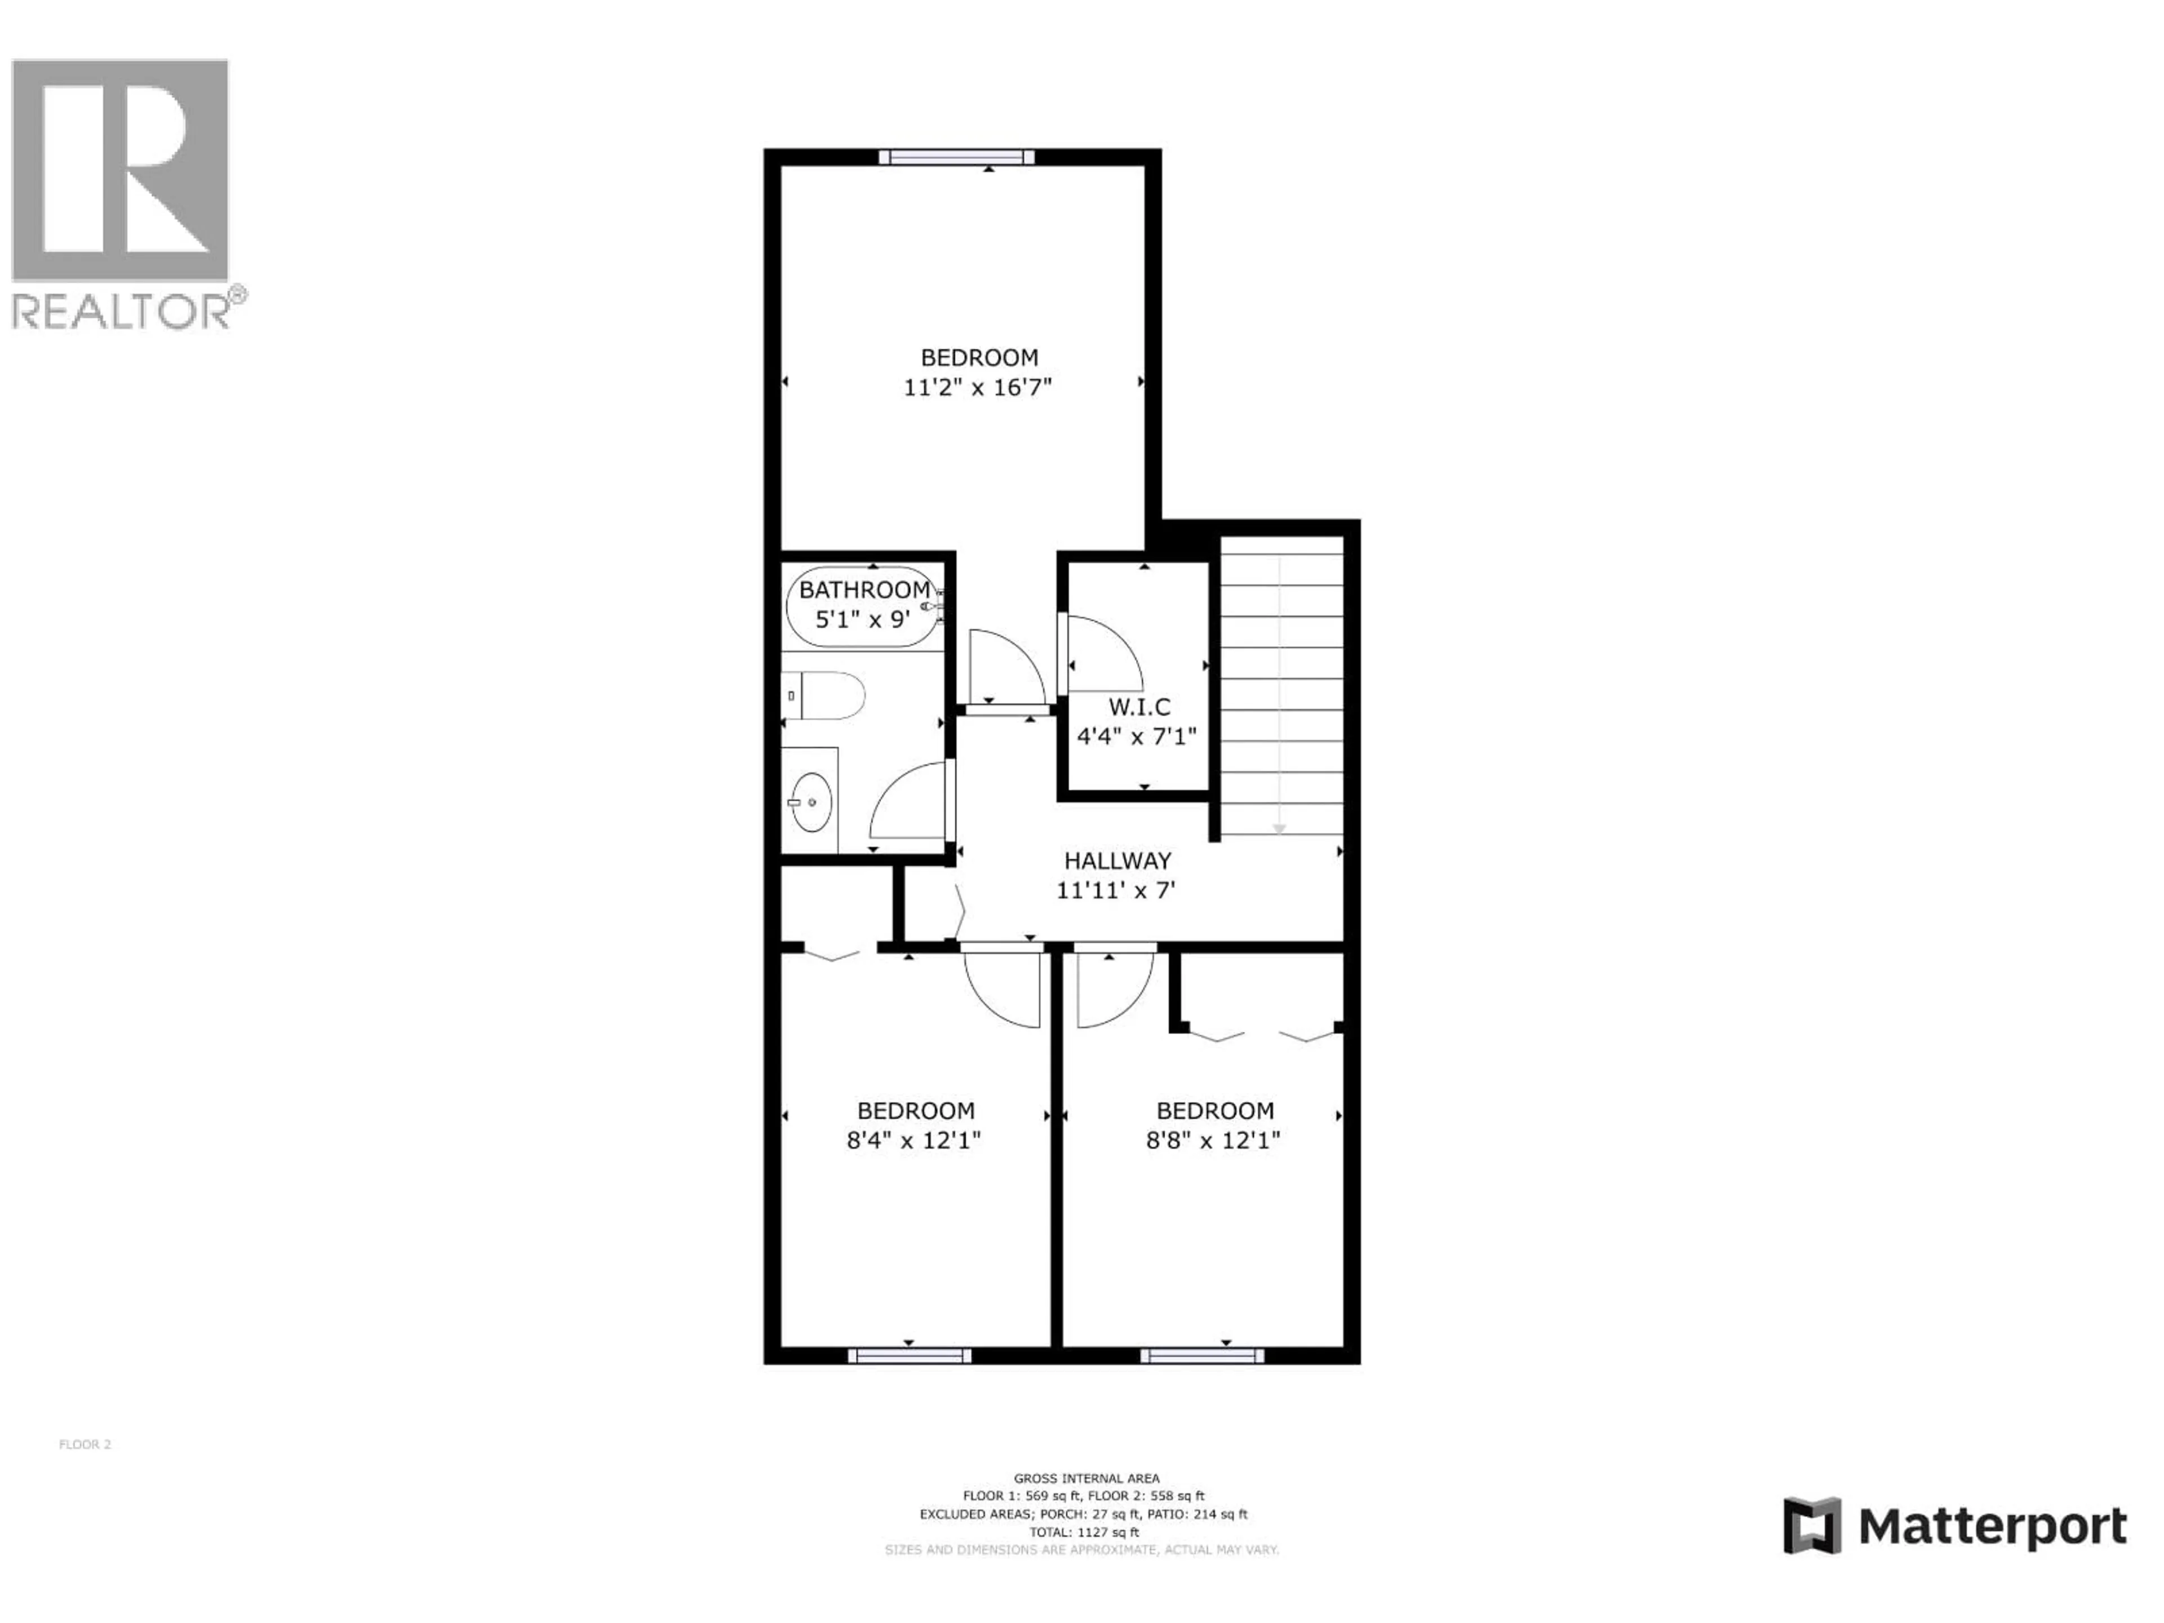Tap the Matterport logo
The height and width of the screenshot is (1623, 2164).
[1954, 1526]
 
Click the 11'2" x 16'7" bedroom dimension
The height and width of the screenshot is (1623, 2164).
[977, 387]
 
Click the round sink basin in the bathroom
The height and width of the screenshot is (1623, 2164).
[811, 802]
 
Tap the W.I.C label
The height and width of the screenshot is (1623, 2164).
[1139, 706]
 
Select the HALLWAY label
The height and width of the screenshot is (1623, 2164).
[1117, 861]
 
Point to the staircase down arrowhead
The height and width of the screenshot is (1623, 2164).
[1279, 828]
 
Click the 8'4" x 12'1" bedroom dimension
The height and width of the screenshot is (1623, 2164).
[913, 1139]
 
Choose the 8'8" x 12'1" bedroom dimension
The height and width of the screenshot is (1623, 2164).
[1213, 1139]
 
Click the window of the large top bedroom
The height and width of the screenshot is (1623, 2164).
[956, 157]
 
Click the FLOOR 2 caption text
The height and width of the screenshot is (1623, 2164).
[85, 1444]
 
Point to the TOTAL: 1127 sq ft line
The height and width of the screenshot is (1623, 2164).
[1084, 1532]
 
